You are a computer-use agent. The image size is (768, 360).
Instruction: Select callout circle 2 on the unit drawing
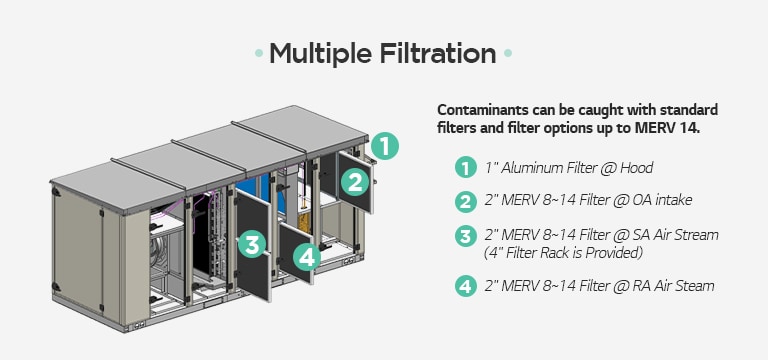[x=353, y=182]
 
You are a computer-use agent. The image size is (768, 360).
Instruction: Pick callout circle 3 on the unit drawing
[x=252, y=243]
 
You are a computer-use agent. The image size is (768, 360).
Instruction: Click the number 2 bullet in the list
[x=464, y=201]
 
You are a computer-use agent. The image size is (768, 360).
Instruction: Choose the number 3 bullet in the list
[x=464, y=236]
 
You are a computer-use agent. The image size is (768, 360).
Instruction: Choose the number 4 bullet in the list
[x=464, y=286]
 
